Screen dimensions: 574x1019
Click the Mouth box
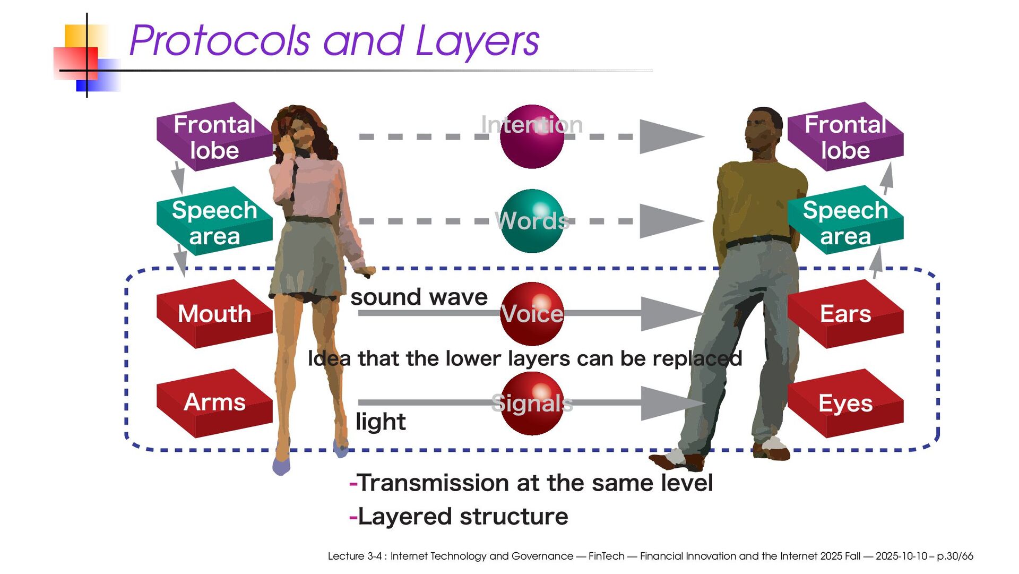214,314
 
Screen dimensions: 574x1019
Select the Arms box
214,402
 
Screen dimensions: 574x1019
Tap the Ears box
845,314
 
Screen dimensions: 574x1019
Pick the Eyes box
845,403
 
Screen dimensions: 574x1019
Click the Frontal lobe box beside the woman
214,137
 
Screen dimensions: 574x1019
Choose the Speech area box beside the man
845,222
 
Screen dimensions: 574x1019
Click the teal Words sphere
532,221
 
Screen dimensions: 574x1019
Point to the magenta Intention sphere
532,136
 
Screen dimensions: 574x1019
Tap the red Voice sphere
532,314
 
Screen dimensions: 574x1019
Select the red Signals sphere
532,403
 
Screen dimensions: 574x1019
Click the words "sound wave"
419,297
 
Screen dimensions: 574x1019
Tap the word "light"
380,422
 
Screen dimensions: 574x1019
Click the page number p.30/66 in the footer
955,556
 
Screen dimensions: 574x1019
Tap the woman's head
300,127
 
